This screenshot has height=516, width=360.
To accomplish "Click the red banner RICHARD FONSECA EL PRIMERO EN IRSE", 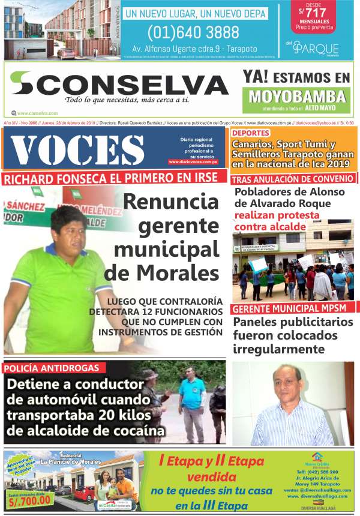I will coord(114,178).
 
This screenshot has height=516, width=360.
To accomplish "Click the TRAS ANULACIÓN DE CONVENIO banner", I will coord(292,179).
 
